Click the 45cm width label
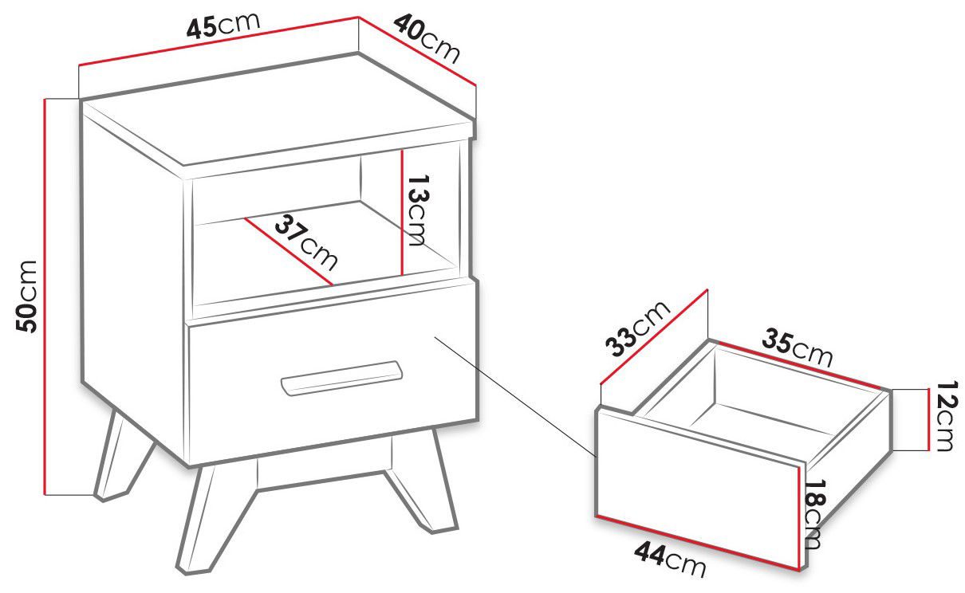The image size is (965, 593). [223, 26]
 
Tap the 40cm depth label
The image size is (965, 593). [427, 38]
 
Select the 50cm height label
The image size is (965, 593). [26, 296]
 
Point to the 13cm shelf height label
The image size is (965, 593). [417, 210]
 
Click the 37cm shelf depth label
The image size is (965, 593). [306, 242]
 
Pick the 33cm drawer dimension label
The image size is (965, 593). [637, 328]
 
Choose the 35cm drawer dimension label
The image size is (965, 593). [798, 348]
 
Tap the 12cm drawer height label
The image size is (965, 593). [947, 416]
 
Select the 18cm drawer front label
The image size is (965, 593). [813, 514]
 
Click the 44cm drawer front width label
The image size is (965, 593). [670, 559]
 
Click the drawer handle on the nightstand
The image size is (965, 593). [341, 377]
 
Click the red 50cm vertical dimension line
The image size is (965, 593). [45, 296]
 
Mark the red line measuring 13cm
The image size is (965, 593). [401, 212]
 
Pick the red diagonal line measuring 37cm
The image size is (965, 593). [289, 252]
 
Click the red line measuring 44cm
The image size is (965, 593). [698, 544]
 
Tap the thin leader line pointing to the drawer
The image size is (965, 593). [515, 396]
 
